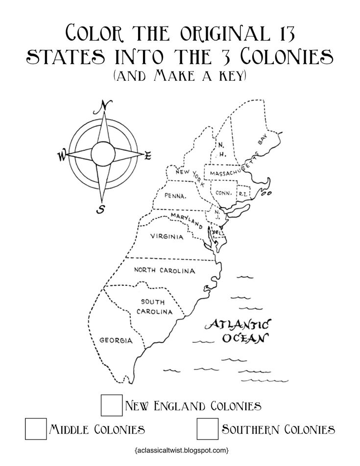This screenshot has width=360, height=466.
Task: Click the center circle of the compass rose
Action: point(103,153)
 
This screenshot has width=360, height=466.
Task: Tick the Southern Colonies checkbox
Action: point(207,429)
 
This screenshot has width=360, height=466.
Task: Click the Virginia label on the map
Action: point(167,237)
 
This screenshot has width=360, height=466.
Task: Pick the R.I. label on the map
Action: point(243,193)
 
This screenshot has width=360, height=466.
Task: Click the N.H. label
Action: point(221,150)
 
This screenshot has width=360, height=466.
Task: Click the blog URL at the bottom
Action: point(180,449)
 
